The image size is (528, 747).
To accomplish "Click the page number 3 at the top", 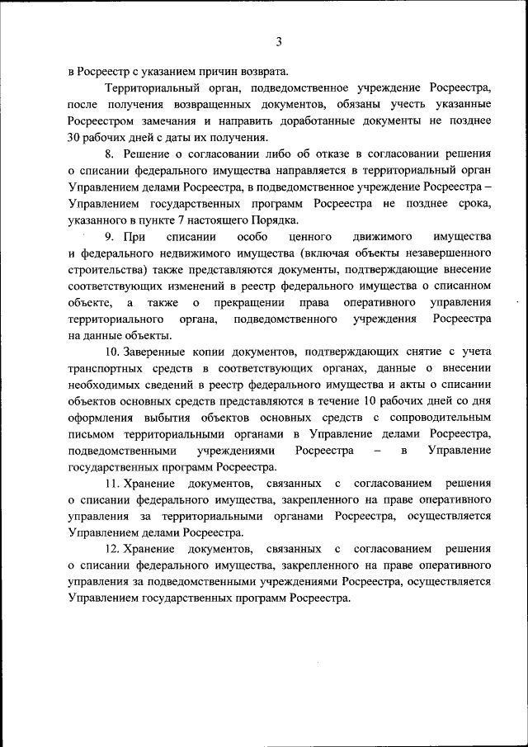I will click(279, 42).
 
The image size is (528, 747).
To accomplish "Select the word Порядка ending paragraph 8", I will click(276, 220).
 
